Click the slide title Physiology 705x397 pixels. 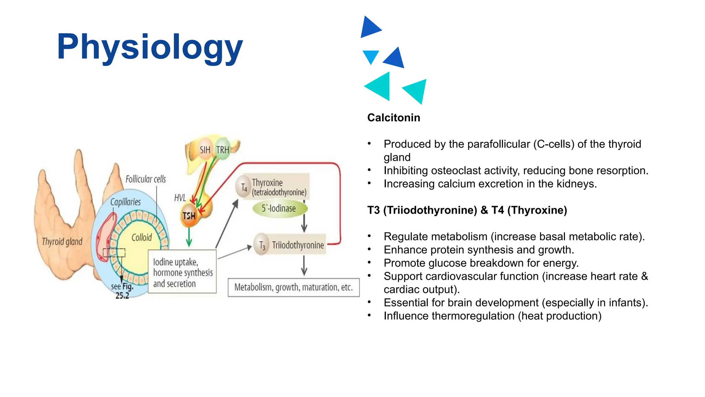[150, 47]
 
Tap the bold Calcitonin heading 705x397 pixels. [393, 118]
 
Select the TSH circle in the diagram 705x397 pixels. [189, 216]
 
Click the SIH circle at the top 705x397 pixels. [205, 150]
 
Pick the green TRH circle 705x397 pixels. [223, 150]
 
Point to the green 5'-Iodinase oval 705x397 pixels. [279, 208]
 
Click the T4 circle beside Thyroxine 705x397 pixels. [244, 187]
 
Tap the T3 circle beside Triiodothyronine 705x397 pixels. [262, 245]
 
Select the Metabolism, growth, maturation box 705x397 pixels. [293, 287]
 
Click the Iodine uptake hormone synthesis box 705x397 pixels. [182, 272]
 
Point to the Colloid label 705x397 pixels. [141, 237]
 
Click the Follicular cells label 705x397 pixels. [145, 179]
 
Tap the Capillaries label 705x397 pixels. [125, 202]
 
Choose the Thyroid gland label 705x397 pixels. [62, 242]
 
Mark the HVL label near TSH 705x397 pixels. [180, 198]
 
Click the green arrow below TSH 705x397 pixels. [189, 238]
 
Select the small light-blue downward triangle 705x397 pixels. [371, 56]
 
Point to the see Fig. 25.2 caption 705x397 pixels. [122, 291]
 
